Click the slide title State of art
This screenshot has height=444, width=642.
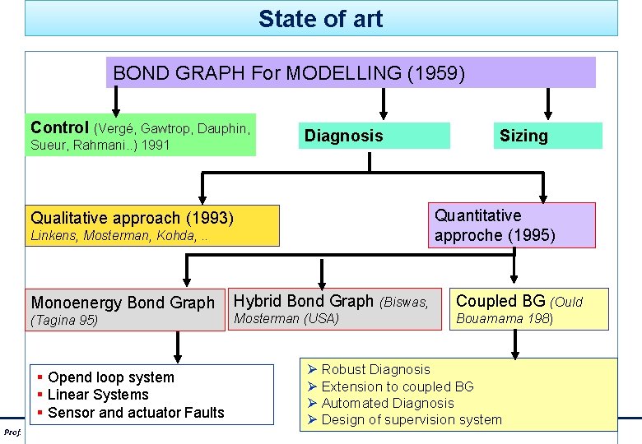(x=320, y=18)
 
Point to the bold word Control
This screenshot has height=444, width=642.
(x=59, y=127)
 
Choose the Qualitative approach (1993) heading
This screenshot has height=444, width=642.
(x=132, y=218)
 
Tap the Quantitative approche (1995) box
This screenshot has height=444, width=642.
(x=511, y=225)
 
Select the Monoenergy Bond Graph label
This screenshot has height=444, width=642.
(x=122, y=303)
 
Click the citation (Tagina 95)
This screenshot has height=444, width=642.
(x=64, y=321)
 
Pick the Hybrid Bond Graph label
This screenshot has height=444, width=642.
(x=304, y=301)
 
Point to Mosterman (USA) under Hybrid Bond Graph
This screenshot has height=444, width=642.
(x=286, y=318)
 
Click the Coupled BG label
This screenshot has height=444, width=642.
(x=500, y=301)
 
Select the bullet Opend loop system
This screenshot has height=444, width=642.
(x=111, y=377)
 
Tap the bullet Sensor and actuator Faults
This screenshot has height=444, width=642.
(x=136, y=413)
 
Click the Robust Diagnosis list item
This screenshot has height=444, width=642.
(x=375, y=370)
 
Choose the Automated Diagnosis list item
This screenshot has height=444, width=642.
(x=387, y=403)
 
